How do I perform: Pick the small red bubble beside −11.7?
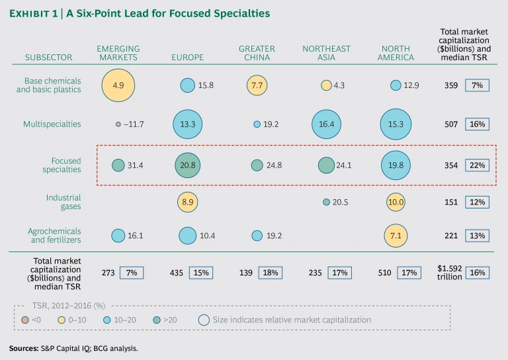[118, 124]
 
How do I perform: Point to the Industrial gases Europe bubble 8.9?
[187, 202]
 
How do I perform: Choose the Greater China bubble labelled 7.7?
[257, 85]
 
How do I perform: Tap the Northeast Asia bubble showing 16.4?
[326, 124]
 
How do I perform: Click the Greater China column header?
[257, 53]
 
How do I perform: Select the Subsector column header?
[48, 58]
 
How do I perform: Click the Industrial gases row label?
[63, 202]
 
